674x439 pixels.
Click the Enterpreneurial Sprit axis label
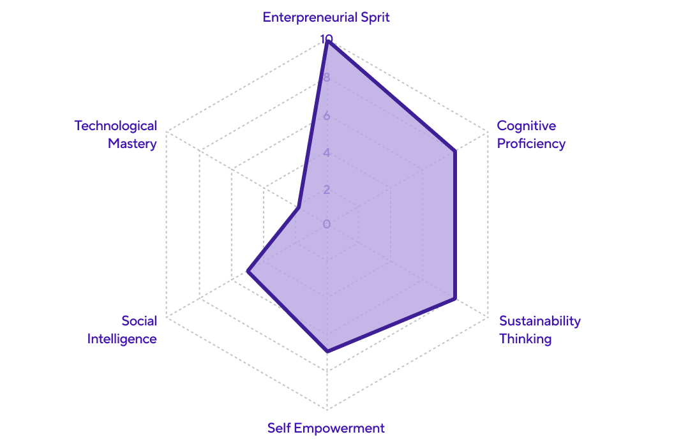point(326,17)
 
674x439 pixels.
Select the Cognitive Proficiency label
point(531,135)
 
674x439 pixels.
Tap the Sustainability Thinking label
point(539,329)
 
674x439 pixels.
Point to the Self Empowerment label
point(326,428)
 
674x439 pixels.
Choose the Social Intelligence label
point(122,329)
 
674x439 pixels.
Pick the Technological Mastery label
point(116,135)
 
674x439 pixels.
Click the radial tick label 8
point(326,78)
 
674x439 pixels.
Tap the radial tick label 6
point(326,115)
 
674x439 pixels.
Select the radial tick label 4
point(326,153)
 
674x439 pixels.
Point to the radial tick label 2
point(326,190)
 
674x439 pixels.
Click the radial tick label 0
point(326,224)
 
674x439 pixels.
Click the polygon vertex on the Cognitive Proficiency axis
point(455,151)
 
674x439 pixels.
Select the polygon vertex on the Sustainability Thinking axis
point(455,298)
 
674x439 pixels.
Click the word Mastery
point(132,144)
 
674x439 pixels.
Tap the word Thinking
point(525,338)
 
